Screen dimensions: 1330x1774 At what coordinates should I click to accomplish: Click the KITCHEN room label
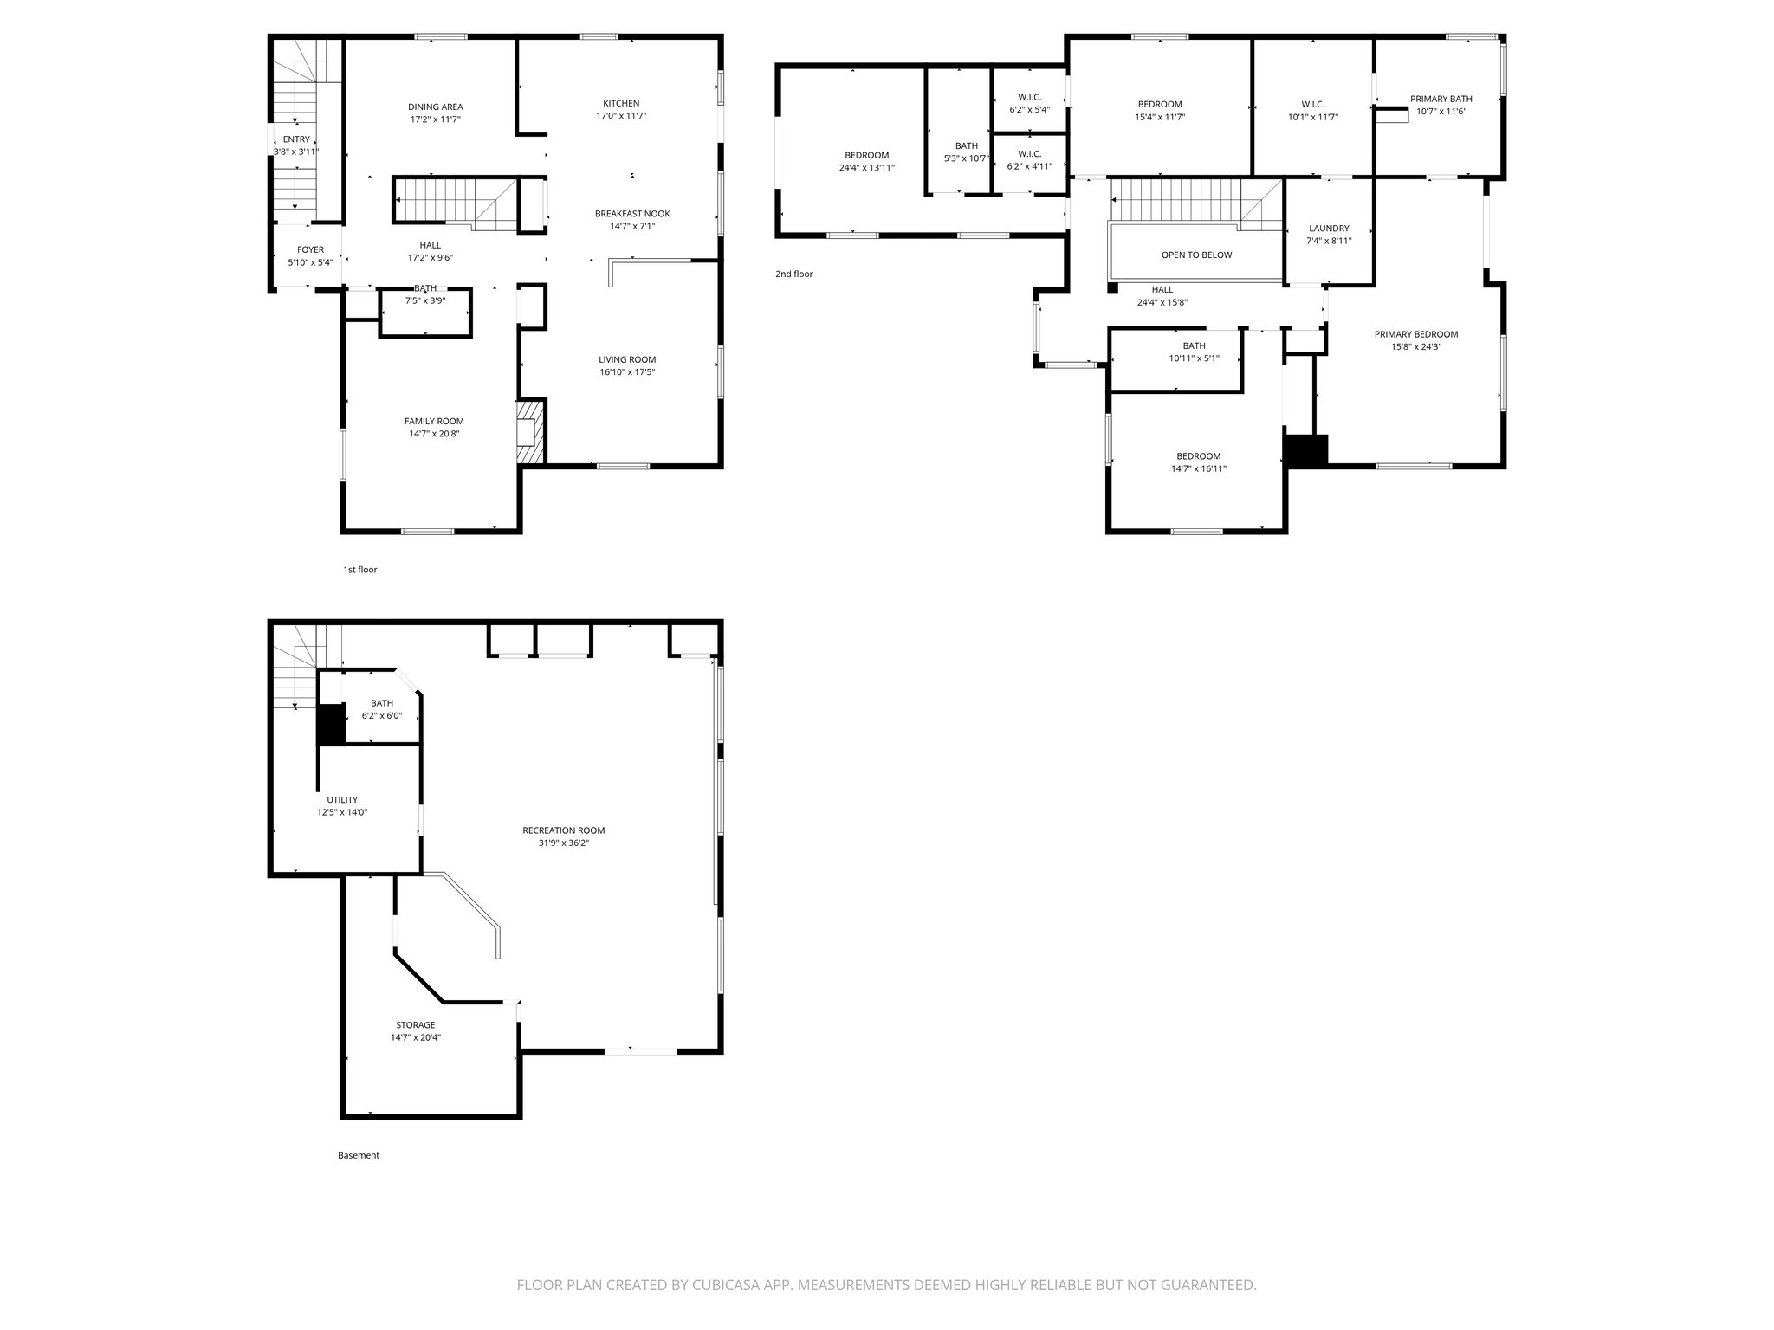tap(621, 103)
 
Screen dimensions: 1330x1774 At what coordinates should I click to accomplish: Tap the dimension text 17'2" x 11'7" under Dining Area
tap(435, 119)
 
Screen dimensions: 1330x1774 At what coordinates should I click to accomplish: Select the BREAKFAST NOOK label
tap(631, 214)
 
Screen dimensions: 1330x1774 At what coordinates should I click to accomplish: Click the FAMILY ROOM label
tap(434, 422)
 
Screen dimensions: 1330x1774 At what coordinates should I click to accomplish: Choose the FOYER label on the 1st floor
tap(310, 250)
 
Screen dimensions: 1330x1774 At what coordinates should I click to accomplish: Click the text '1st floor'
tap(360, 570)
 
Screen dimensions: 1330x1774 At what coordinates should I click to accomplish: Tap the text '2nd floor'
tap(793, 274)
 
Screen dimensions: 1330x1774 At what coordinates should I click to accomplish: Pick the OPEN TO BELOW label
tap(1196, 255)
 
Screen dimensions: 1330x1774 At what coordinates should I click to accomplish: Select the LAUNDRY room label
tap(1328, 229)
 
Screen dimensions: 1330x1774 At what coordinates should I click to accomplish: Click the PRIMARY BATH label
tap(1441, 99)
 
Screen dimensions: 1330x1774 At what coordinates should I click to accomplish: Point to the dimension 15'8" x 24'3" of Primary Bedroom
tap(1415, 347)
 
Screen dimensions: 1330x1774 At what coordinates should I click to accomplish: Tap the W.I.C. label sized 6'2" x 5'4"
tap(1029, 97)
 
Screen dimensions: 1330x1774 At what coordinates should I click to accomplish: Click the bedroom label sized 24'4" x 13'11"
tap(866, 156)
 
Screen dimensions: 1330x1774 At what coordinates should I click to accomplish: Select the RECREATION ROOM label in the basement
tap(563, 830)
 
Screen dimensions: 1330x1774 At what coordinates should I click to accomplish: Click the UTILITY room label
tap(341, 800)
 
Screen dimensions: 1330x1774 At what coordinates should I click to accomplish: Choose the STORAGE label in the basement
tap(415, 1025)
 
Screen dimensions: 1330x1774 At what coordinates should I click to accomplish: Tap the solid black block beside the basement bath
tap(330, 725)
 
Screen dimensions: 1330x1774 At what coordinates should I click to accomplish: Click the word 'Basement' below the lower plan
tap(358, 1155)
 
